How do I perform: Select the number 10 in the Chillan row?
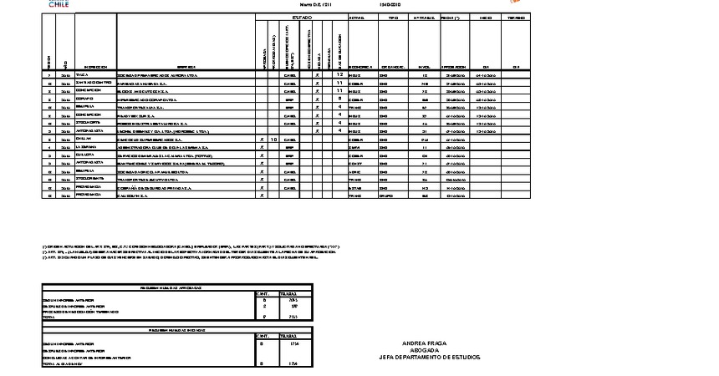[x=273, y=140]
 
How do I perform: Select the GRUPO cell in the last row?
[x=388, y=196]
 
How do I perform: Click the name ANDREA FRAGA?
[x=425, y=343]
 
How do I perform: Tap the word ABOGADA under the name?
[x=425, y=349]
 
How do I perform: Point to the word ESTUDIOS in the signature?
[x=465, y=357]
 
